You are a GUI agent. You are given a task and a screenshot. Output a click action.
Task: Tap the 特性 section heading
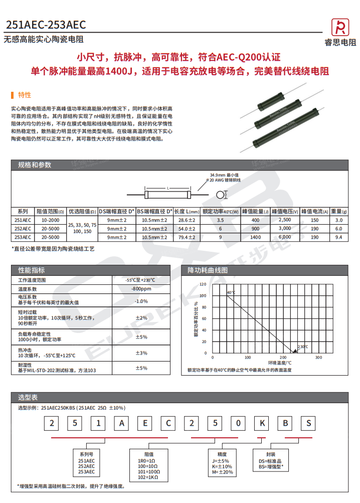[x=24, y=95]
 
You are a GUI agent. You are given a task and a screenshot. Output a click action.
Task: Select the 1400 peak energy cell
[x=256, y=237]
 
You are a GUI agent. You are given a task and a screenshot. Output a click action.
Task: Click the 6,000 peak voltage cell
[x=285, y=237]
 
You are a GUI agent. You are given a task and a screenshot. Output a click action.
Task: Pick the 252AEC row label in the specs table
[x=23, y=228]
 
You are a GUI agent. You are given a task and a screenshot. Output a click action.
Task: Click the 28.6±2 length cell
[x=187, y=220]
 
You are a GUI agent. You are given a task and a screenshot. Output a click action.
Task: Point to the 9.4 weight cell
[x=338, y=237]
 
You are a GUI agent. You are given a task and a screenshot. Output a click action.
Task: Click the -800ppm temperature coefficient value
[x=141, y=289]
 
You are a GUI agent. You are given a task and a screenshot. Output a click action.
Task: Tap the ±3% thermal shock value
[x=141, y=353]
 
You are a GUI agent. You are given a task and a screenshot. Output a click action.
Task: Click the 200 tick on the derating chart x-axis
[x=283, y=358]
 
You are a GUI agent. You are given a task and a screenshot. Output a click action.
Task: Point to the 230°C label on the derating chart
[x=303, y=347]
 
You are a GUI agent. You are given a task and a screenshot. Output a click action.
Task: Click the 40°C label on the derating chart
[x=231, y=292]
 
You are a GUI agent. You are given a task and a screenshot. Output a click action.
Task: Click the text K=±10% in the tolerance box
[x=222, y=466]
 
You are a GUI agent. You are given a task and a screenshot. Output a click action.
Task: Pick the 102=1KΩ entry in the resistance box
[x=148, y=477]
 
